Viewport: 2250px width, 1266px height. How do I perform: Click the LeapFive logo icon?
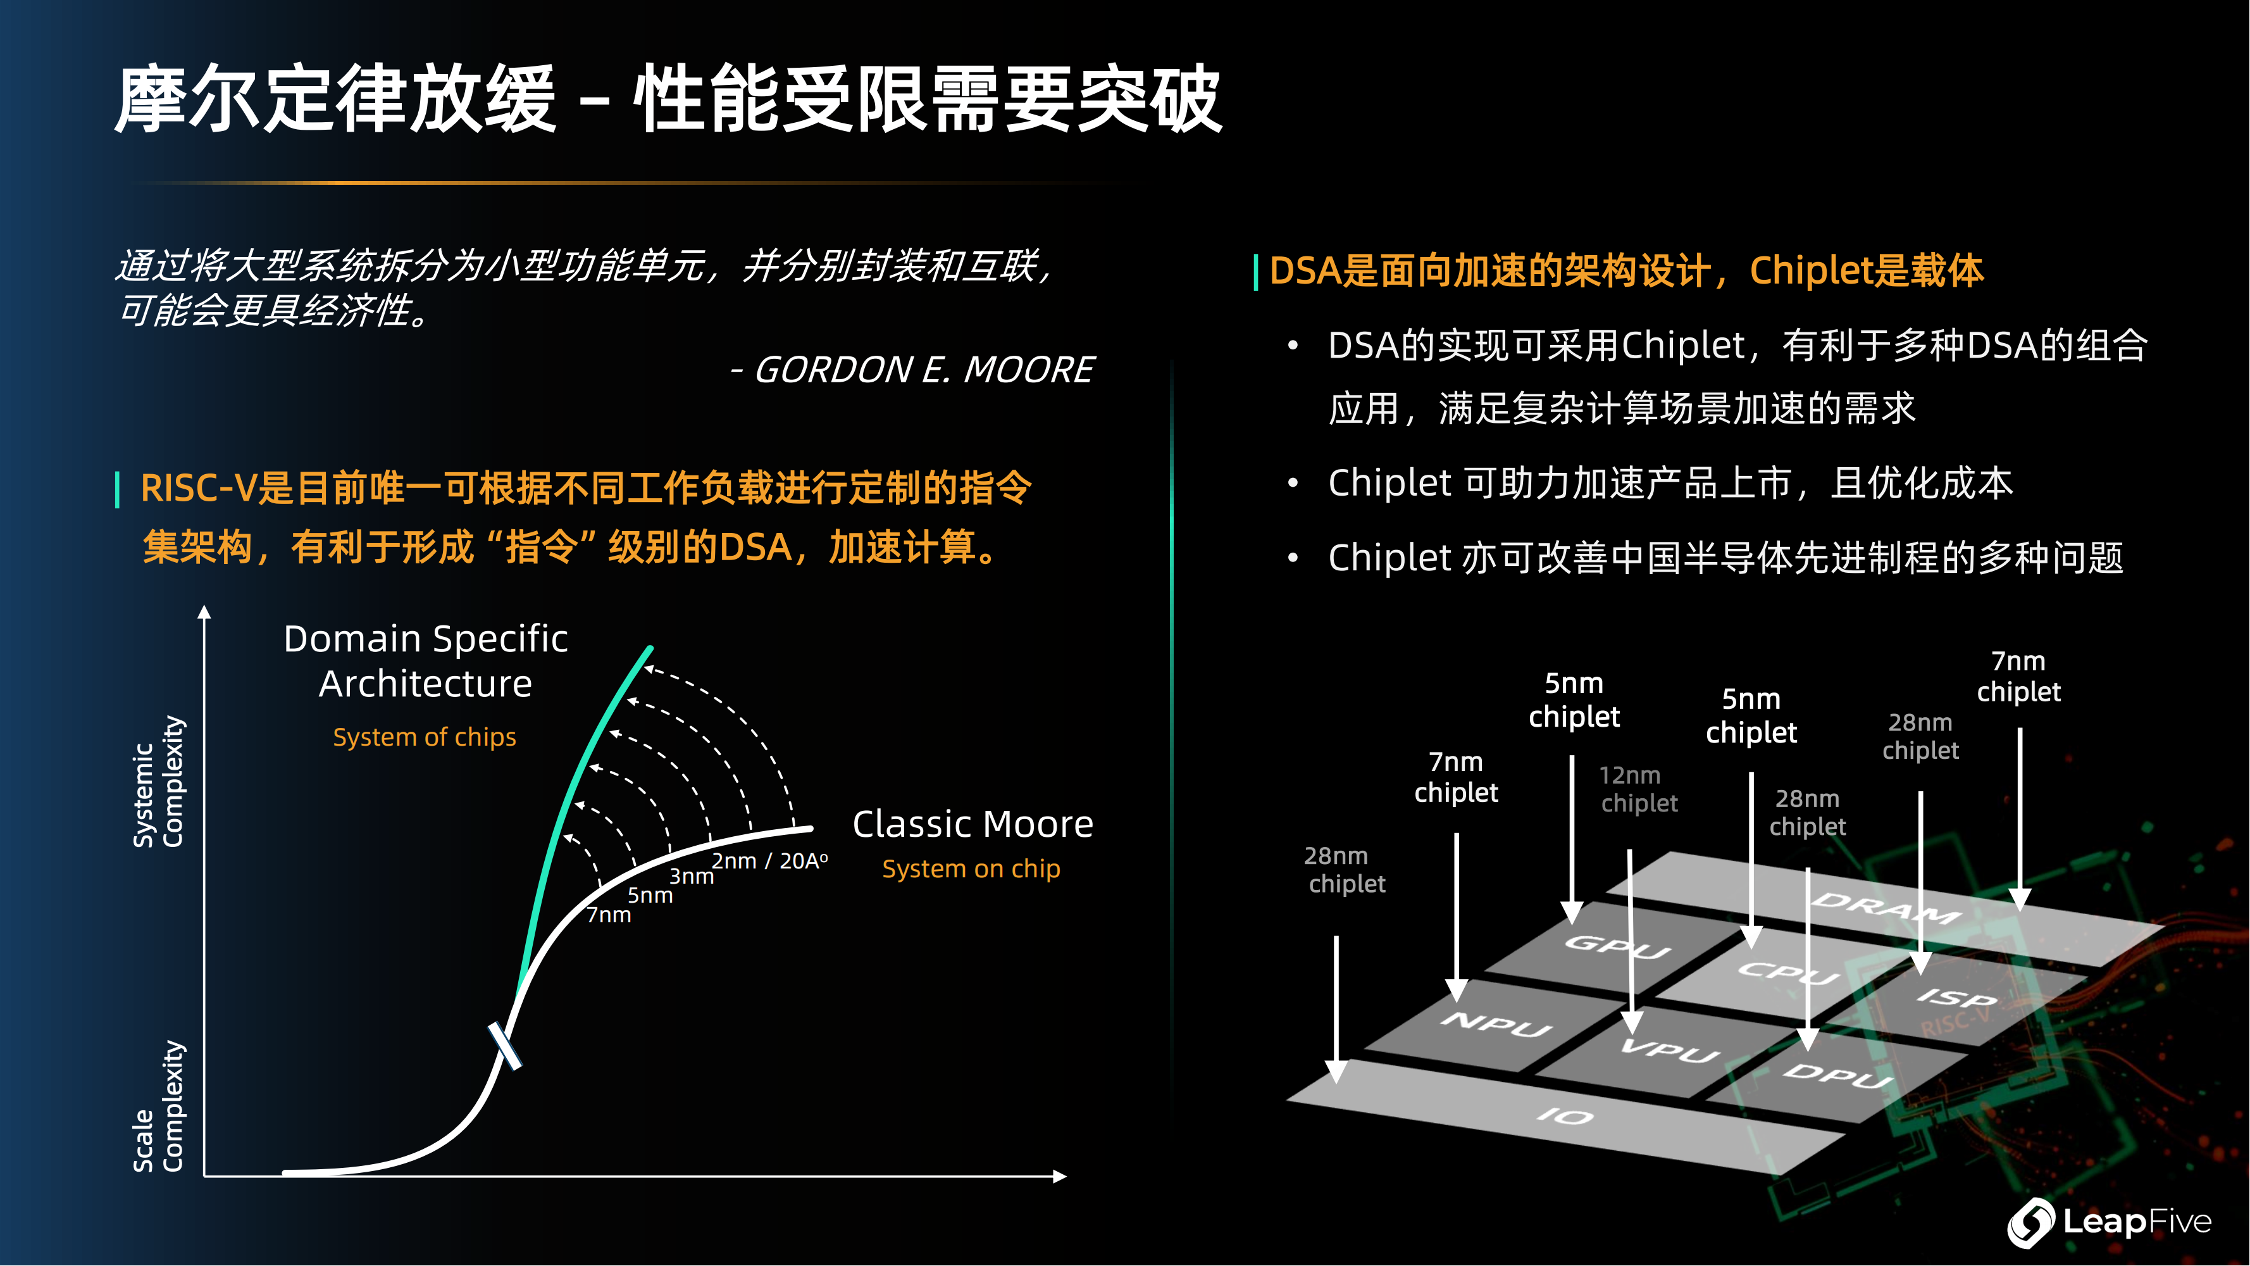tap(2031, 1222)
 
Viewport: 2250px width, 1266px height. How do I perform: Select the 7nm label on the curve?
tap(609, 915)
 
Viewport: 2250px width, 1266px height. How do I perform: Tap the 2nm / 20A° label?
tap(769, 861)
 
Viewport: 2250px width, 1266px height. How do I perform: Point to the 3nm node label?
tap(692, 875)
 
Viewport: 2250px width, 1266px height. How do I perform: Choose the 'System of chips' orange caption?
tap(425, 737)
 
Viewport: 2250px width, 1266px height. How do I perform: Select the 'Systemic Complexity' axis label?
tap(158, 781)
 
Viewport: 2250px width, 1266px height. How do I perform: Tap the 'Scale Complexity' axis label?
tap(158, 1106)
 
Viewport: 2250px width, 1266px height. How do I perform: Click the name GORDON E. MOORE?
tap(923, 370)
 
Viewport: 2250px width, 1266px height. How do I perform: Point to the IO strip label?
tap(1565, 1116)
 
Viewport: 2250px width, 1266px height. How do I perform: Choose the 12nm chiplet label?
tap(1639, 789)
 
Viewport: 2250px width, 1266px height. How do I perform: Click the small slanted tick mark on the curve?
tap(505, 1046)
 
